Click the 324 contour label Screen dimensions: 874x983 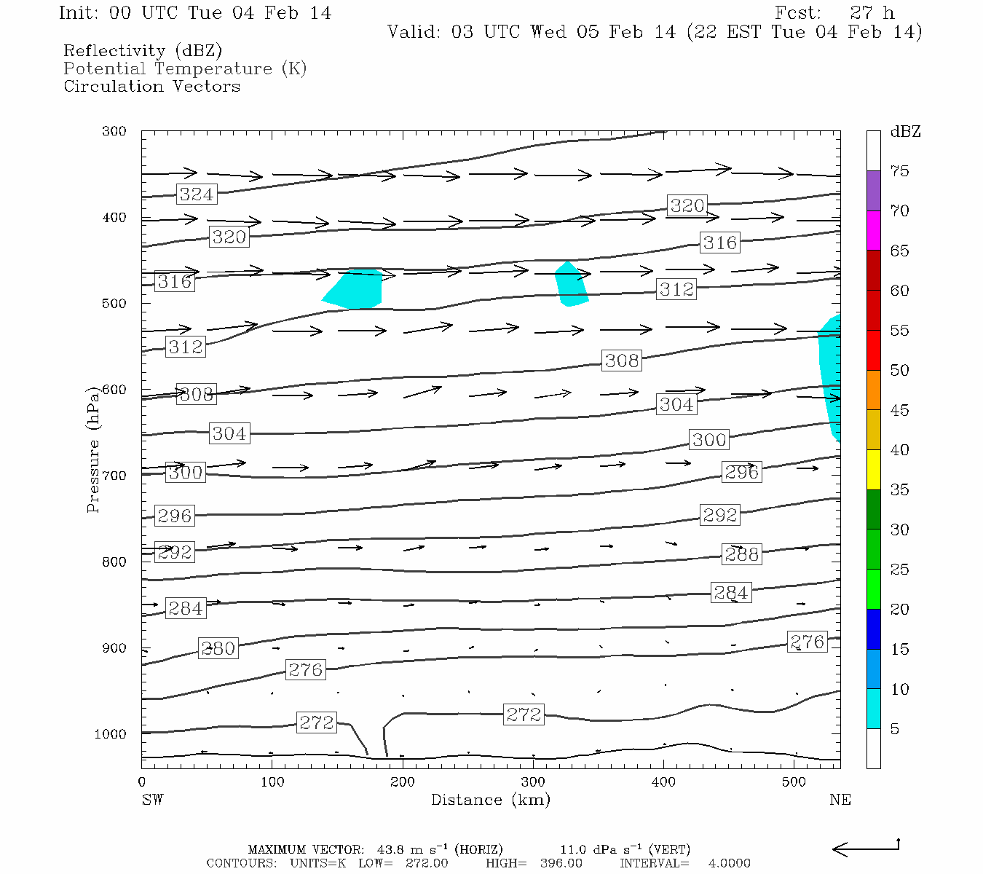pos(197,194)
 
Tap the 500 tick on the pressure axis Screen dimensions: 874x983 pos(114,304)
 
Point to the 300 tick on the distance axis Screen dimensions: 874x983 pos(533,782)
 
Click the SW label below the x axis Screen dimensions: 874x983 pos(152,800)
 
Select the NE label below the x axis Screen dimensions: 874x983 pos(840,800)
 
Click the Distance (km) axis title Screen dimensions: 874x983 pos(490,800)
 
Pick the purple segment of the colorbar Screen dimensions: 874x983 pos(873,191)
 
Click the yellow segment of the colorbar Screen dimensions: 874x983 pos(873,470)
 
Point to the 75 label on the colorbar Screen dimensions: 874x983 pos(899,171)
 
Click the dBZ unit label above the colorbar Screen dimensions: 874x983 pos(905,132)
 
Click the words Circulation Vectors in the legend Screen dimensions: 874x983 pos(151,86)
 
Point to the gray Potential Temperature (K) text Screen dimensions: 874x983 pos(185,68)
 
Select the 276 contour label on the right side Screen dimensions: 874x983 pos(807,642)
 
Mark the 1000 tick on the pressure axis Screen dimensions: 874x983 pos(111,734)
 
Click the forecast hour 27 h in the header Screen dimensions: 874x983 pos(872,13)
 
